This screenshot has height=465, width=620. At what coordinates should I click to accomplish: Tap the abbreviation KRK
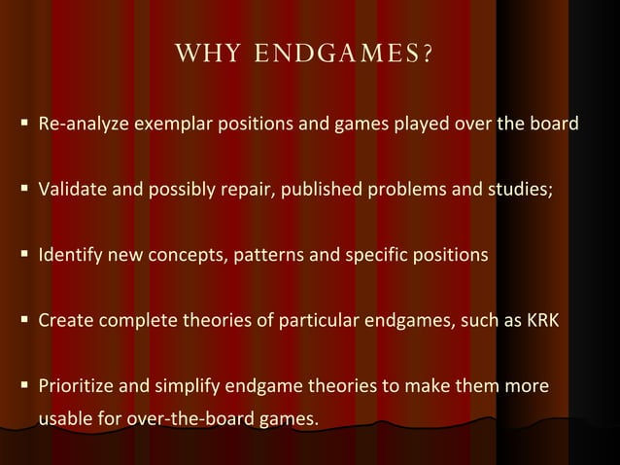pyautogui.click(x=542, y=320)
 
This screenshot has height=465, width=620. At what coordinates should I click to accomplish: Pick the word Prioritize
pyautogui.click(x=74, y=386)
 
